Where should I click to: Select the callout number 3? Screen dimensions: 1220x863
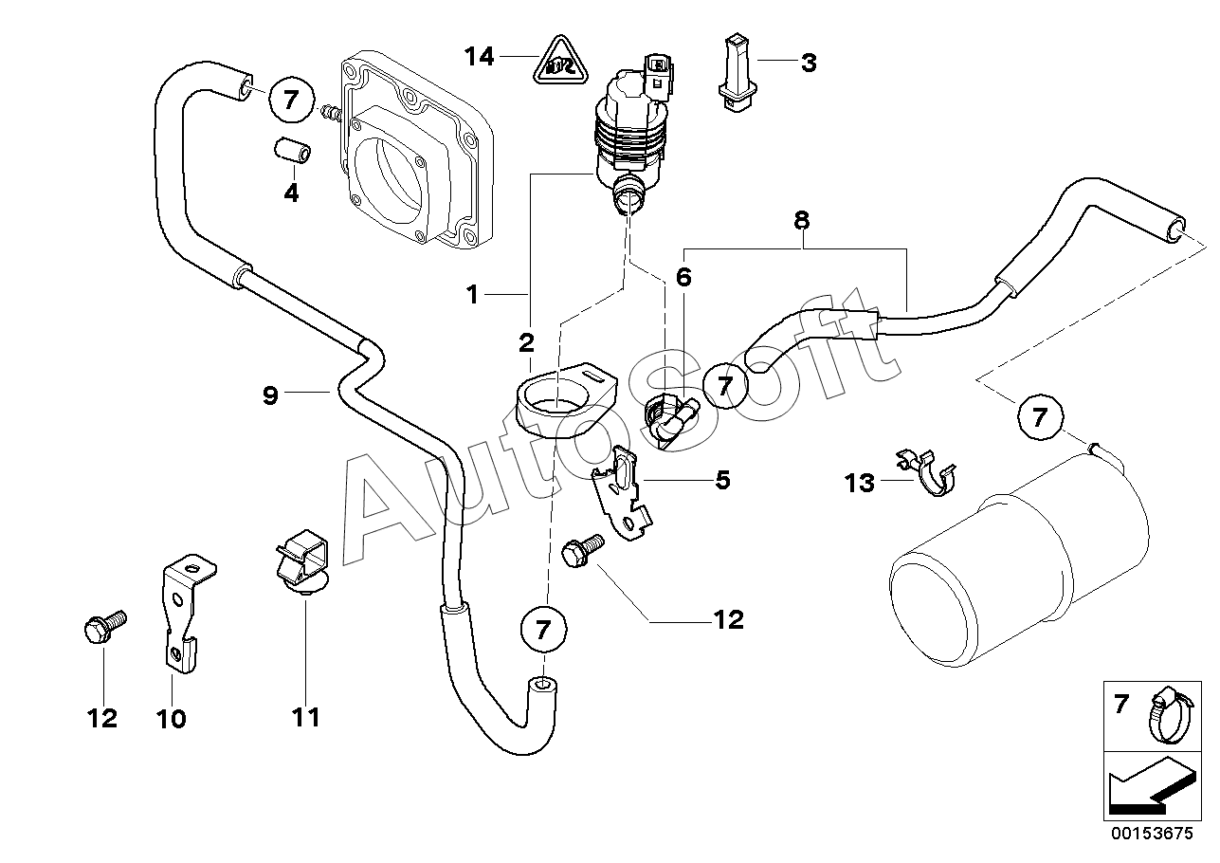pos(809,64)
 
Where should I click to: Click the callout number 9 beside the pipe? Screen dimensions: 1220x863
pos(270,395)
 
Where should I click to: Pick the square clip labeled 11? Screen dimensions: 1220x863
pos(301,564)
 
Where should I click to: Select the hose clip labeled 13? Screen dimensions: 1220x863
pos(926,473)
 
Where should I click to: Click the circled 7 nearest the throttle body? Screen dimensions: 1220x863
pos(291,100)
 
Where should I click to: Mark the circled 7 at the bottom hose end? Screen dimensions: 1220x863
pos(543,630)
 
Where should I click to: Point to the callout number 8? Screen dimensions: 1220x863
pos(802,221)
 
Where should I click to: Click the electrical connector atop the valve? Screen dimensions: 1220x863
pos(659,76)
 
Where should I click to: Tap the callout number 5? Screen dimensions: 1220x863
pos(722,480)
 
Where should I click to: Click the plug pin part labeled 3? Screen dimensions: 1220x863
pos(737,73)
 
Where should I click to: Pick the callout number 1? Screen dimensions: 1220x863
pos(472,295)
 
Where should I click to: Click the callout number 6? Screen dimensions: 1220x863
pos(683,277)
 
